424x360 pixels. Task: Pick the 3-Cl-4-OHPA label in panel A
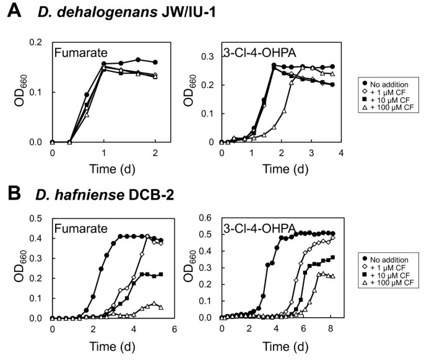pyautogui.click(x=253, y=54)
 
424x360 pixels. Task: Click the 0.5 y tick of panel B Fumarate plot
pyautogui.click(x=37, y=217)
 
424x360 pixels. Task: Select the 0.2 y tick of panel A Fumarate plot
pyautogui.click(x=37, y=42)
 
